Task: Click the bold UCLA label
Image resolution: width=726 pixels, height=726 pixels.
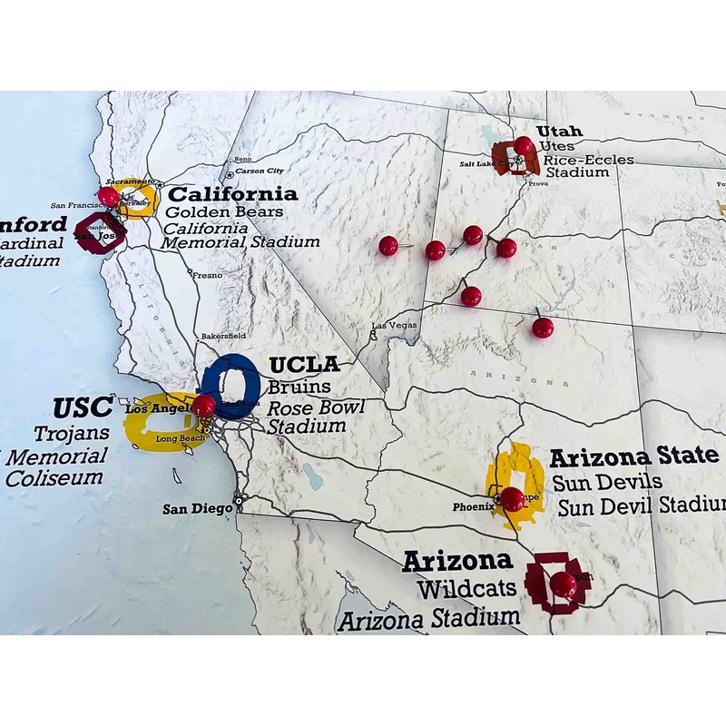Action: pos(305,365)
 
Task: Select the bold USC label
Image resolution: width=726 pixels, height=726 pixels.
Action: pos(83,407)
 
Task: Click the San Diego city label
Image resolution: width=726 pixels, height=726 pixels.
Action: pos(198,508)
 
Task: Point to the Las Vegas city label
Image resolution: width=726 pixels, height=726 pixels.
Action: pos(394,326)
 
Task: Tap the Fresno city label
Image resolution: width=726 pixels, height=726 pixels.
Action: pos(208,273)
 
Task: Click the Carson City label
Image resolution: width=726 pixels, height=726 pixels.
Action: pos(261,171)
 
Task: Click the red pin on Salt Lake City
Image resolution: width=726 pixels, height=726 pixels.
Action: pos(524,145)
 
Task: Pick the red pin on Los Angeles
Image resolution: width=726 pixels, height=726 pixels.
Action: pos(203,406)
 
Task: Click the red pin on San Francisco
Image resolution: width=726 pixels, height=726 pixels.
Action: pos(109,196)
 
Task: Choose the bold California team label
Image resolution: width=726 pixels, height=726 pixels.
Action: pos(233,193)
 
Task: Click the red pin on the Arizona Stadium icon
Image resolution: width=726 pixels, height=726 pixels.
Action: pos(564,584)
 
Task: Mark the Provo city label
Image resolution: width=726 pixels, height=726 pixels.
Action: pos(537,182)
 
